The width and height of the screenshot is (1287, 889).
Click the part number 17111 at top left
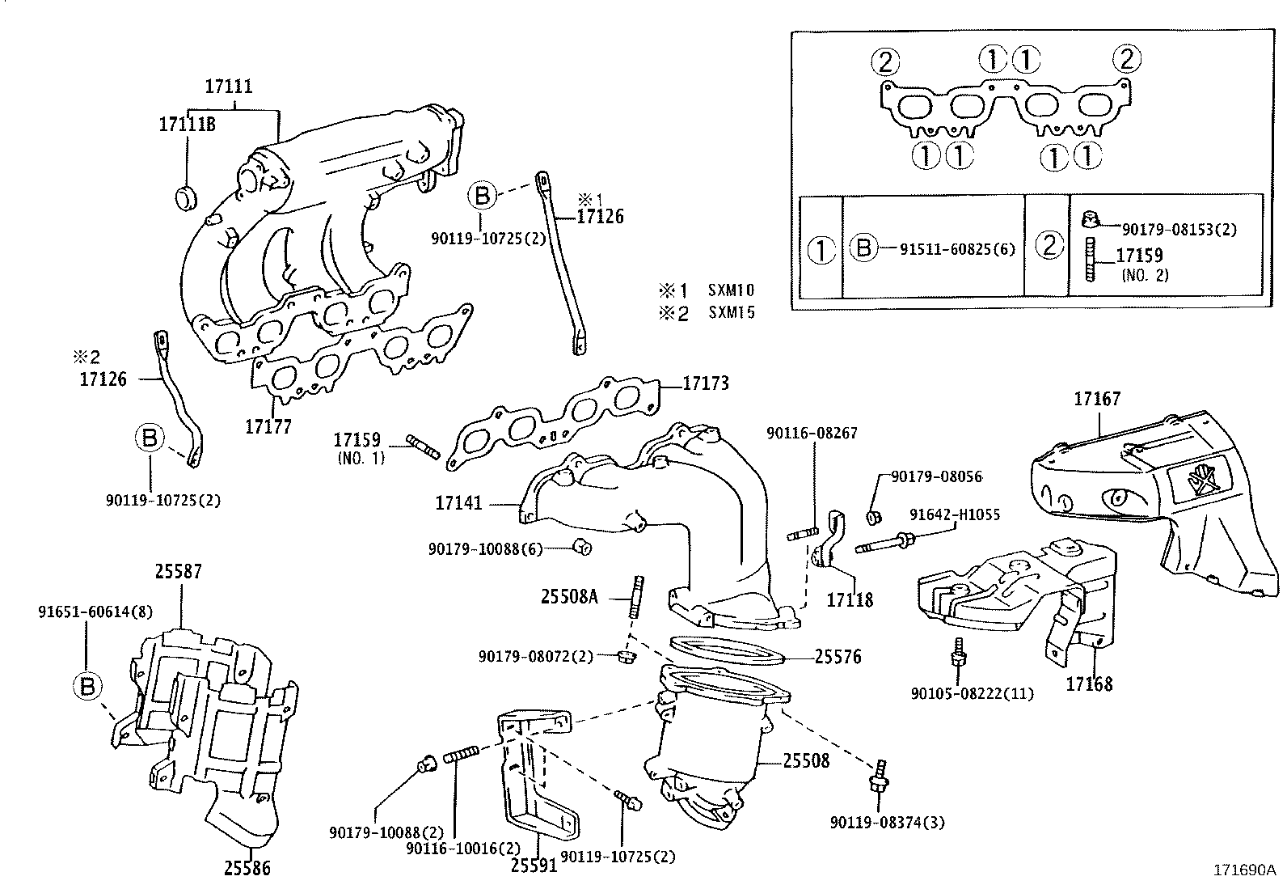click(228, 86)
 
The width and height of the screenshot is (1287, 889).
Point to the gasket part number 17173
click(705, 383)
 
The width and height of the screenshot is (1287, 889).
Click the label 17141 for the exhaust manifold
click(458, 503)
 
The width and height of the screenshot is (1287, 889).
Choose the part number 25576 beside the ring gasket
click(838, 657)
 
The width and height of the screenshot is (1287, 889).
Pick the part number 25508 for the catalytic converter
click(805, 760)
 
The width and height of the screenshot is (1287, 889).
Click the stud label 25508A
click(569, 598)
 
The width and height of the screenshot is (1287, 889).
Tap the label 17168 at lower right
click(1088, 684)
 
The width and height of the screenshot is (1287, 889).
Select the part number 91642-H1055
click(954, 514)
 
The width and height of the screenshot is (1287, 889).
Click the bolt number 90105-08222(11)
click(972, 693)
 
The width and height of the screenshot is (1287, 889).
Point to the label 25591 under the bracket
click(534, 866)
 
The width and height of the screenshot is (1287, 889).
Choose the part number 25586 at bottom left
click(247, 869)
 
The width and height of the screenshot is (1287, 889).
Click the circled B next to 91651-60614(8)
click(87, 687)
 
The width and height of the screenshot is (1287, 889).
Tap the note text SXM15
click(732, 312)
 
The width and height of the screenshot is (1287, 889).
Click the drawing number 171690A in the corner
click(1243, 870)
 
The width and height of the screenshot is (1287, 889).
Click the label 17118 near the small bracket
click(850, 599)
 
